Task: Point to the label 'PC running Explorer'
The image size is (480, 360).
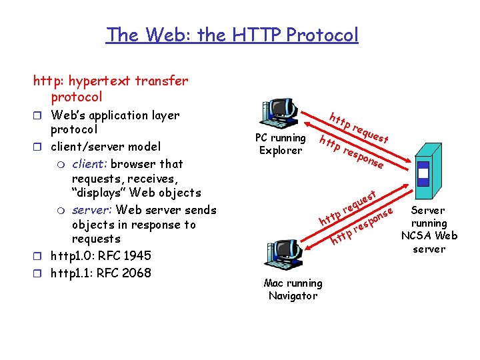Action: (x=281, y=144)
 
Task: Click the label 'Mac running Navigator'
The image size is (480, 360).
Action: (x=293, y=289)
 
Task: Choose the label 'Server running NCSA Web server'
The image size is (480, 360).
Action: (x=429, y=229)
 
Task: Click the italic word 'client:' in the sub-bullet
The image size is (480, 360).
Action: (x=89, y=163)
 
